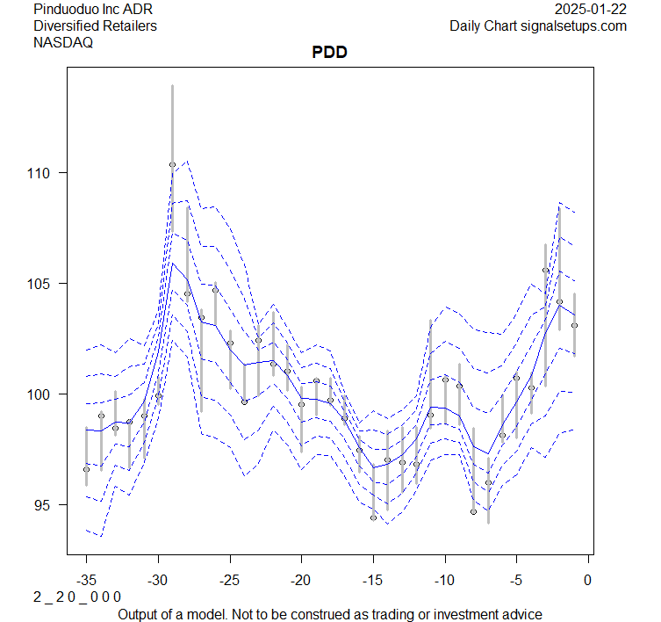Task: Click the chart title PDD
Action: click(x=330, y=53)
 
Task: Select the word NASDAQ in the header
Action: click(x=64, y=41)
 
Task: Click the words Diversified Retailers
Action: click(x=95, y=25)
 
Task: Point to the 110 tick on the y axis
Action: click(x=44, y=173)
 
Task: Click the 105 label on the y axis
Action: click(x=44, y=284)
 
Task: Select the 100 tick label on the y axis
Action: click(x=44, y=394)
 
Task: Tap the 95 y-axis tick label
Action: click(x=47, y=505)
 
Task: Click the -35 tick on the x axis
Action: click(x=86, y=581)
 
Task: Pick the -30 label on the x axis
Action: click(x=158, y=581)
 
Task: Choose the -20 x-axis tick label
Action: click(x=301, y=581)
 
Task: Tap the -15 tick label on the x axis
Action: click(x=373, y=581)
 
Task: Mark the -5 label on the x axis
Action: click(x=516, y=581)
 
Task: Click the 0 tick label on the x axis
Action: click(x=588, y=581)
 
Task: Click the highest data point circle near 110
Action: click(x=172, y=165)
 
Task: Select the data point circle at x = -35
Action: click(x=86, y=469)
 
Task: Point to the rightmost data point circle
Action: click(x=574, y=325)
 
